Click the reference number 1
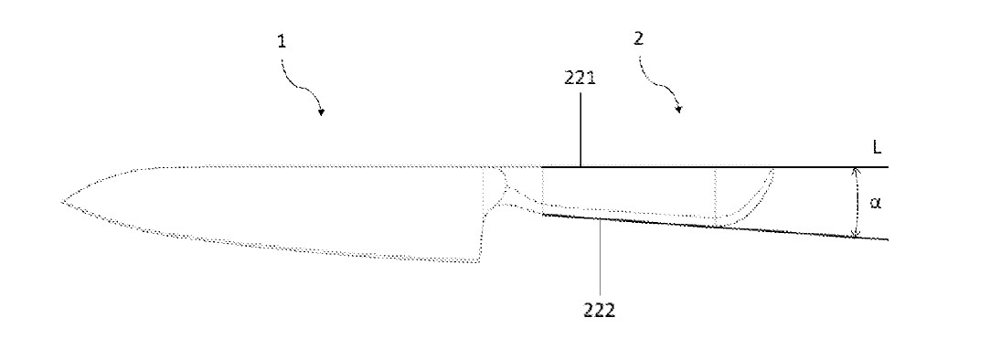[282, 42]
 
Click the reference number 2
[638, 39]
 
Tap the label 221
[580, 79]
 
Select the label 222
[599, 310]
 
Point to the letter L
[877, 148]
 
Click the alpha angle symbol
[875, 203]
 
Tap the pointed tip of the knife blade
[62, 202]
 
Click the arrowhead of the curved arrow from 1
[322, 112]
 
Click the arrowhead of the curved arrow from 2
[678, 110]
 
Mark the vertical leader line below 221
[580, 129]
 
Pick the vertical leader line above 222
[599, 258]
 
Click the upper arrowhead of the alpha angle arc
[856, 171]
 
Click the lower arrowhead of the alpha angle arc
[856, 234]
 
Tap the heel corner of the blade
[479, 261]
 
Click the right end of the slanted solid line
[888, 239]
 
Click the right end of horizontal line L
[888, 167]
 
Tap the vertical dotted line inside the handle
[715, 194]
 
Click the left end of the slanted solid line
[543, 215]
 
